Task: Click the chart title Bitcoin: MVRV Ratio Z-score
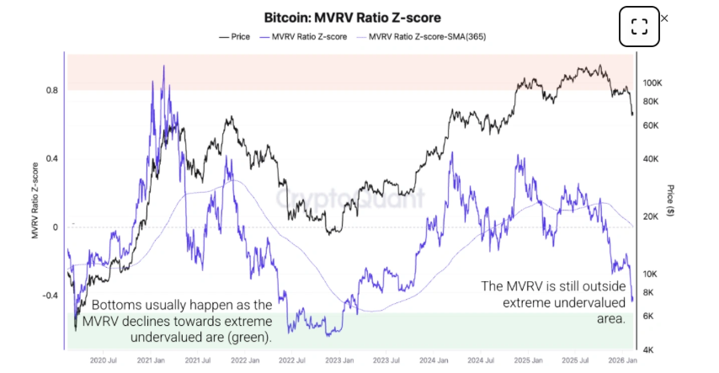(x=352, y=17)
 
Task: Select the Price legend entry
(x=235, y=37)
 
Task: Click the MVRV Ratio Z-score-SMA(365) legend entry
(x=422, y=37)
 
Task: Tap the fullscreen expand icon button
(x=639, y=27)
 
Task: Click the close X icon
(x=664, y=18)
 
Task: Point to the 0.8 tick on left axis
(x=52, y=90)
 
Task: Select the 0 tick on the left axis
(x=56, y=227)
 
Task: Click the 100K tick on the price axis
(x=654, y=83)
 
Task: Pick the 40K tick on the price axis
(x=652, y=159)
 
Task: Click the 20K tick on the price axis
(x=652, y=216)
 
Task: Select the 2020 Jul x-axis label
(x=103, y=359)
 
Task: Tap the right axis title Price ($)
(x=671, y=200)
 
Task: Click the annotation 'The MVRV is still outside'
(x=552, y=301)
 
